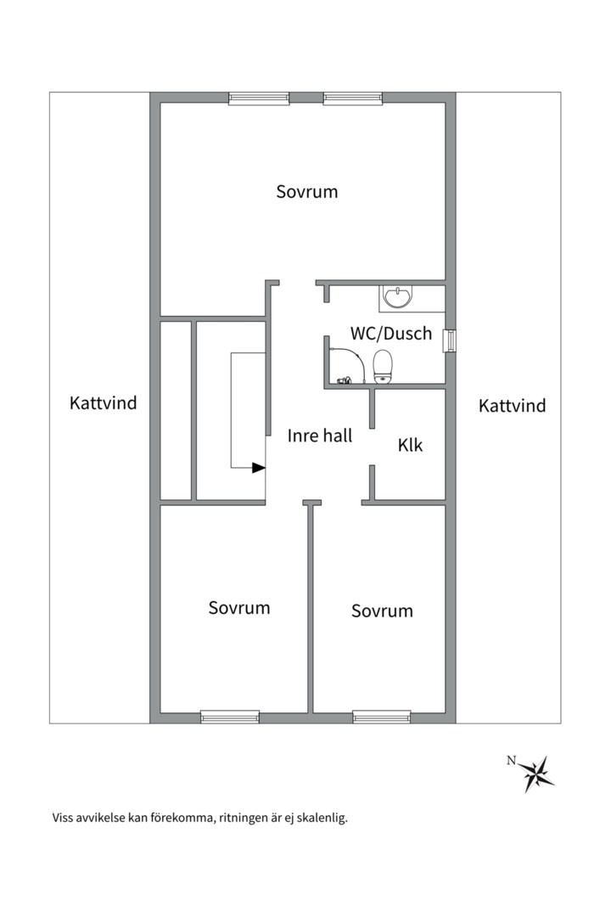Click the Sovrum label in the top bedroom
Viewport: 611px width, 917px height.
coord(307,192)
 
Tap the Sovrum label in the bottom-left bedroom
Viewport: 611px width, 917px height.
coord(239,608)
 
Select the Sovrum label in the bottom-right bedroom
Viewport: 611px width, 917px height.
coord(382,610)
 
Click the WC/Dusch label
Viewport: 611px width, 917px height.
coord(391,334)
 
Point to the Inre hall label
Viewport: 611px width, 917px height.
coord(320,436)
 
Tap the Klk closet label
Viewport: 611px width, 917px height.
coord(410,445)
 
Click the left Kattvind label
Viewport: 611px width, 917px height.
coord(103,403)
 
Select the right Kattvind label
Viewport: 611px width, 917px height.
coord(512,406)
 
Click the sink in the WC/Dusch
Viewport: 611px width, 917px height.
coord(397,296)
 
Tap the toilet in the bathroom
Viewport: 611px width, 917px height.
coord(384,366)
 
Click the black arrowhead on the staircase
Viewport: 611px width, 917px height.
coord(259,467)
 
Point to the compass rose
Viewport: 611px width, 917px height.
coord(537,774)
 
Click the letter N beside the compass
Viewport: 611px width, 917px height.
coord(511,761)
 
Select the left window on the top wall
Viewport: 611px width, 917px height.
coord(253,98)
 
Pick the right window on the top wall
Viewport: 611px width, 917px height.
coord(349,98)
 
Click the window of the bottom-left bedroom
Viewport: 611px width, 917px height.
coord(230,717)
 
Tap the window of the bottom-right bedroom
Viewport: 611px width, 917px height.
coord(381,717)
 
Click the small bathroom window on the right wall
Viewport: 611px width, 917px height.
coord(451,339)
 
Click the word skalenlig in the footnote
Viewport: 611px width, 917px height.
coord(321,819)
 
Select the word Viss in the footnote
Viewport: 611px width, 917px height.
coord(64,819)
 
